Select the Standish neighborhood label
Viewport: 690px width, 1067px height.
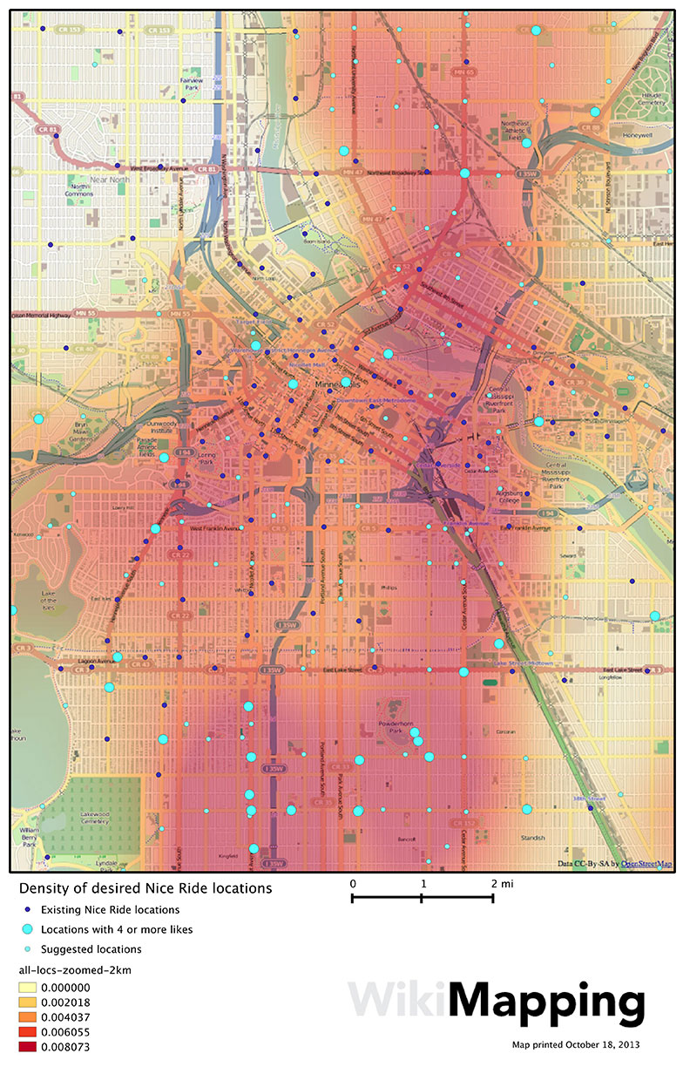click(x=531, y=838)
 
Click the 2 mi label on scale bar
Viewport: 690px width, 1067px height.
click(x=502, y=883)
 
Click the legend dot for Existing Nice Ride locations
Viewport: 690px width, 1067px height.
click(x=28, y=910)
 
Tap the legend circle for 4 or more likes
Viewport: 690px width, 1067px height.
click(x=28, y=929)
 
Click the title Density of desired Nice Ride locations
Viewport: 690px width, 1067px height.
click(x=145, y=888)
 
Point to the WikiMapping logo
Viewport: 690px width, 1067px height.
click(x=497, y=1003)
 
